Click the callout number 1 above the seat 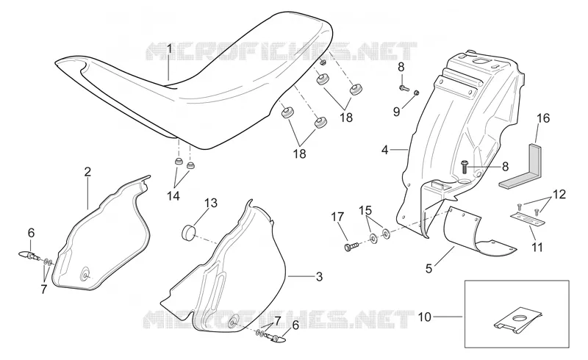click(169, 48)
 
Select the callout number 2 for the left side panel click(87, 172)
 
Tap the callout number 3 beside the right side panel click(319, 277)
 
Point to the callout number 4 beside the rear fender click(384, 150)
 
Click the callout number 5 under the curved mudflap click(429, 268)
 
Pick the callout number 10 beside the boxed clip click(425, 317)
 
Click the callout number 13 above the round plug click(211, 203)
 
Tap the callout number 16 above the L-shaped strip click(543, 118)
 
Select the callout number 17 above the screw click(337, 217)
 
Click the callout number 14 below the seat click(173, 195)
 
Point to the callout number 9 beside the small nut click(397, 112)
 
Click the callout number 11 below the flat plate click(537, 248)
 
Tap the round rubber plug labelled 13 click(189, 232)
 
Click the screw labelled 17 click(351, 246)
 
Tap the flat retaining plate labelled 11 click(527, 219)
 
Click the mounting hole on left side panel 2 click(85, 276)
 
